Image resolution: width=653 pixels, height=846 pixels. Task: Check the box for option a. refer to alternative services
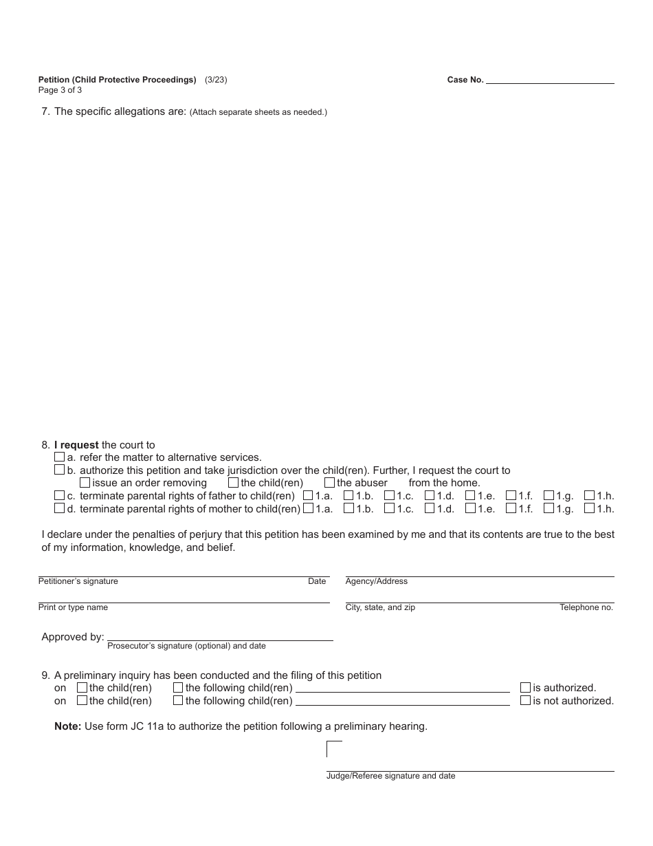tap(59, 457)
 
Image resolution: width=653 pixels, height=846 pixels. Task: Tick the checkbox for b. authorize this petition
tap(59, 470)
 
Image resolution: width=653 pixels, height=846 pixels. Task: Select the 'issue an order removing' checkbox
tap(85, 483)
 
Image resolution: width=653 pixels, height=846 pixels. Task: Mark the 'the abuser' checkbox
tap(329, 483)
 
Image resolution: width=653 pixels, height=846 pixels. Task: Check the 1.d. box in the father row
tap(430, 495)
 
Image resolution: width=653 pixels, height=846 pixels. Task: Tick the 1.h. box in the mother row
tap(589, 508)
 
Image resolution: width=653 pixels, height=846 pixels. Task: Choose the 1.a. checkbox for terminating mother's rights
tap(308, 508)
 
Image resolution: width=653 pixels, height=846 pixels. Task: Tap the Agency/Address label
tap(376, 581)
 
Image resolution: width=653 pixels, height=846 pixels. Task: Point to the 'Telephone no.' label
tap(586, 607)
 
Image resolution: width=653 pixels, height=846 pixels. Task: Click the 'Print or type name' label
tap(73, 607)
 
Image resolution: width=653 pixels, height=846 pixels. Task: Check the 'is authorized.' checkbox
tap(525, 687)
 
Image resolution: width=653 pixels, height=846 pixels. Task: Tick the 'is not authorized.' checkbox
tap(525, 700)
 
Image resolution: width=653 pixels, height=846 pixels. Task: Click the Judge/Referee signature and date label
tap(390, 776)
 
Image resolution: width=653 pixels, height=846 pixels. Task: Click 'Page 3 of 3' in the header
tap(60, 89)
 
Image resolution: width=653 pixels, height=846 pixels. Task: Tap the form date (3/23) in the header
tap(216, 80)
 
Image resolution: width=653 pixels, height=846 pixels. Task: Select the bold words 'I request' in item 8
tap(76, 445)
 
